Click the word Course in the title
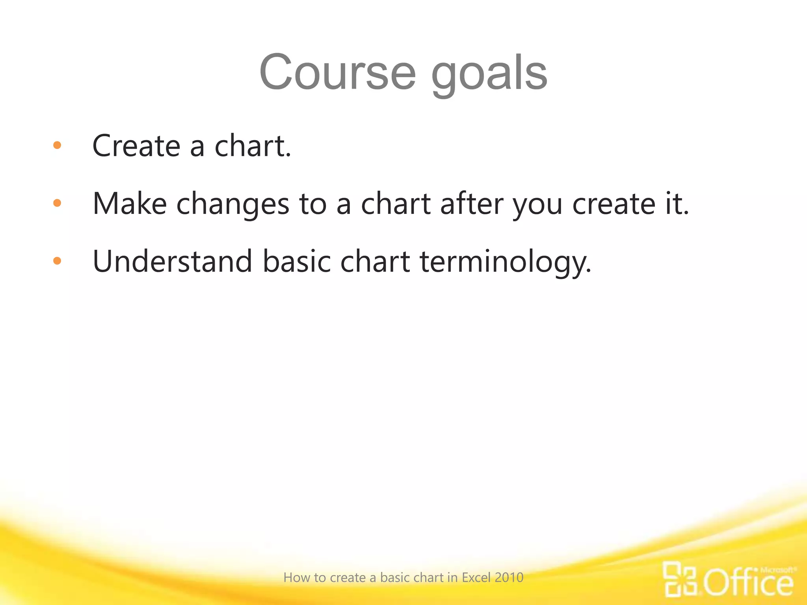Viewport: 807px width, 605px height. pyautogui.click(x=337, y=73)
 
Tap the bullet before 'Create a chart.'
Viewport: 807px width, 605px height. pyautogui.click(x=57, y=145)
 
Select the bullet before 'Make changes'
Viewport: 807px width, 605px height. pyautogui.click(x=57, y=203)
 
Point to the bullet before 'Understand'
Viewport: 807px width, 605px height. pyautogui.click(x=57, y=260)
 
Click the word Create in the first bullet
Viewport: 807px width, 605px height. pyautogui.click(x=136, y=146)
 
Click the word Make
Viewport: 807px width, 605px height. pyautogui.click(x=130, y=204)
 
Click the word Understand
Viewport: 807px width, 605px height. pyautogui.click(x=172, y=261)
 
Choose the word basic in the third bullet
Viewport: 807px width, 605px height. pyautogui.click(x=297, y=261)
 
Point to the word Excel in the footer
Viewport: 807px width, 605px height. pyautogui.click(x=476, y=577)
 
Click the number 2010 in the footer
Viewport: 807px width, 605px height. pyautogui.click(x=509, y=577)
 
